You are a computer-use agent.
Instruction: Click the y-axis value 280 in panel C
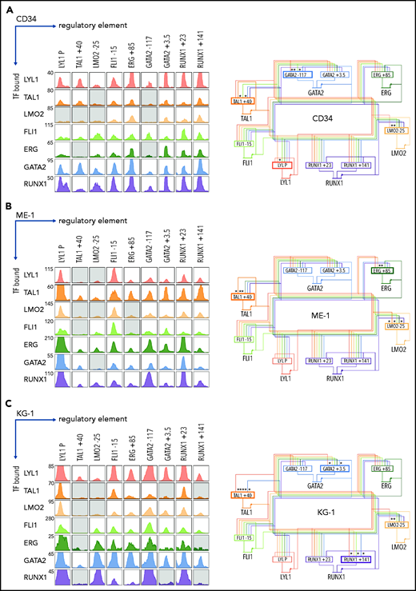49,498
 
